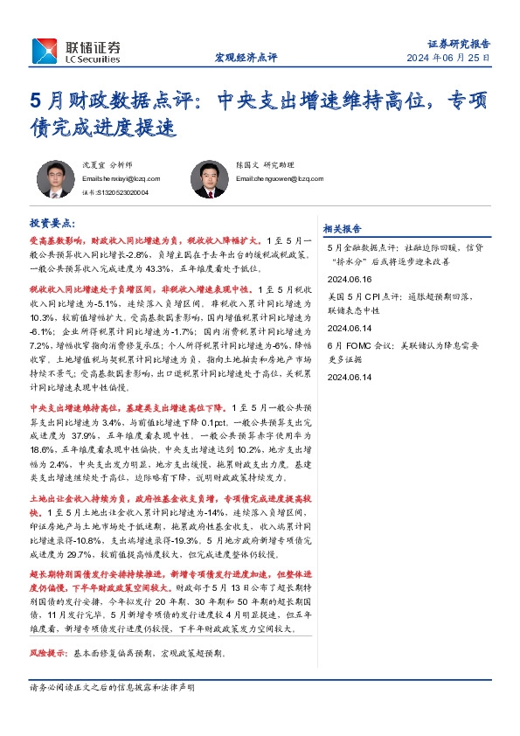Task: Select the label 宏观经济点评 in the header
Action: pyautogui.click(x=246, y=58)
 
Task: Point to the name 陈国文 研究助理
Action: pyautogui.click(x=266, y=164)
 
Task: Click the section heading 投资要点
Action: pyautogui.click(x=53, y=224)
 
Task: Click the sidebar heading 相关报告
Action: pyautogui.click(x=342, y=229)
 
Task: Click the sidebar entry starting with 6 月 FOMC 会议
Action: pyautogui.click(x=399, y=344)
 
